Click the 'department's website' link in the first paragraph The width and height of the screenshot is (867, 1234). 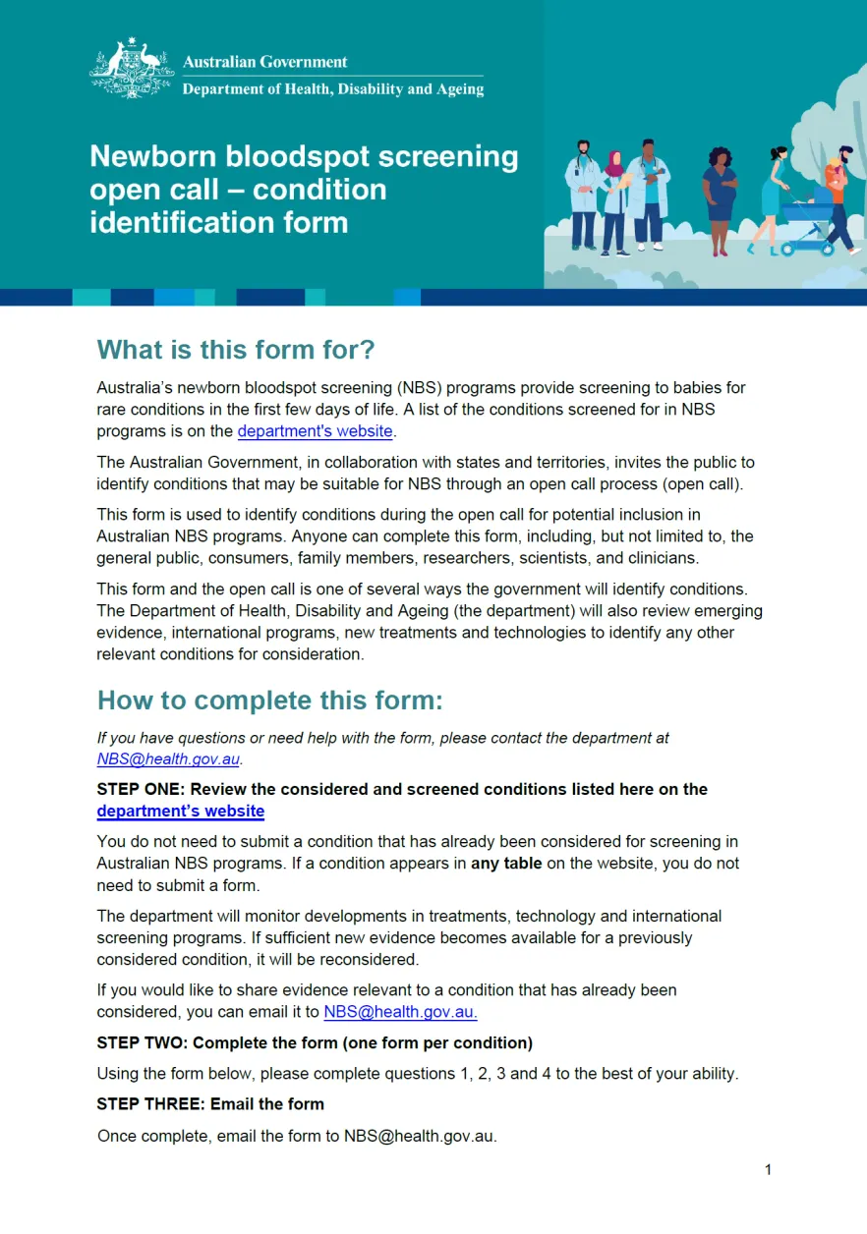[315, 431]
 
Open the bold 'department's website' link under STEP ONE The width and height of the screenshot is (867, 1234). [181, 812]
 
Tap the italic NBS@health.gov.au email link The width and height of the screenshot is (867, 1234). [168, 759]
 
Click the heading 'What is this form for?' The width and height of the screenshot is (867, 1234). [236, 350]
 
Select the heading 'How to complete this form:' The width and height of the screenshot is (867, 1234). [269, 701]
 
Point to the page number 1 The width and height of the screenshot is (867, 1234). [768, 1169]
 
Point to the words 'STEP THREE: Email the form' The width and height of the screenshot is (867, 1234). [210, 1104]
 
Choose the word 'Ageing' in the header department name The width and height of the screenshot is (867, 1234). [460, 89]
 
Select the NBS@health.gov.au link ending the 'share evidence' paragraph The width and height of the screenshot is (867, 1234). [400, 1013]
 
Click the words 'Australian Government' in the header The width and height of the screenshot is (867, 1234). [265, 62]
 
